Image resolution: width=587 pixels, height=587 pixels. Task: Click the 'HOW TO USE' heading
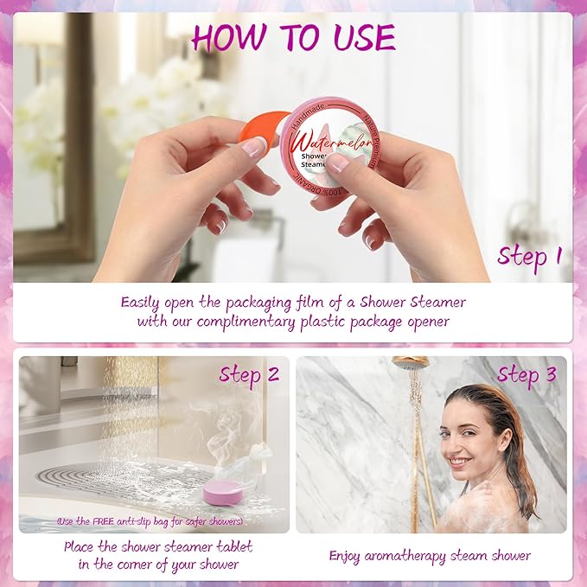(293, 38)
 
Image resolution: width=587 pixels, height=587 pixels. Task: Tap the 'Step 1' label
(529, 256)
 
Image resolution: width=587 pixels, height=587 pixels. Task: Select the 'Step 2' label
(249, 374)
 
